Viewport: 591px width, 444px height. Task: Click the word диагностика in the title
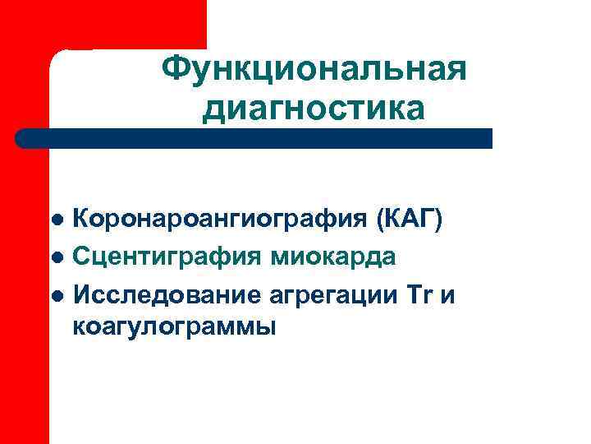click(x=314, y=108)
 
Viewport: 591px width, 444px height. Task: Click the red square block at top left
click(x=103, y=25)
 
